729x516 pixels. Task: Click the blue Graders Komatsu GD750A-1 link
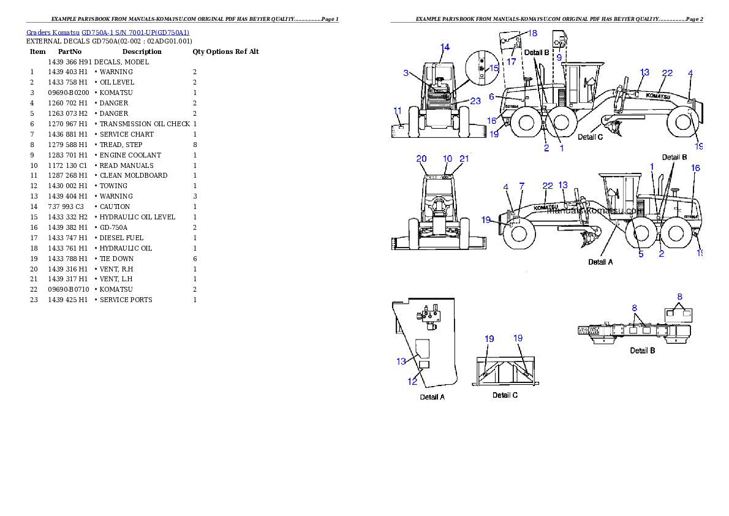coord(108,32)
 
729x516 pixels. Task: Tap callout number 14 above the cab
coord(445,47)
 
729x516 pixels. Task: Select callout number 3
coord(406,73)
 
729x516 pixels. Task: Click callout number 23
coord(475,101)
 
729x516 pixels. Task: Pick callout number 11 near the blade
coord(398,111)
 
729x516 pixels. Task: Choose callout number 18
coord(532,32)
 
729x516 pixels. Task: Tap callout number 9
coord(559,56)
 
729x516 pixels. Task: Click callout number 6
coord(492,97)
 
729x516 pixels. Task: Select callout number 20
coord(421,159)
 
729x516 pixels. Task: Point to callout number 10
coord(447,159)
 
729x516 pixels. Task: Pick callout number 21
coord(464,159)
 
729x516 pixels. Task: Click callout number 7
coord(521,186)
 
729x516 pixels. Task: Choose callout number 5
coord(641,254)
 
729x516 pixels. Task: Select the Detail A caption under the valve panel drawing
coord(432,397)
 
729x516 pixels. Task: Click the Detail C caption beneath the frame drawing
coord(505,395)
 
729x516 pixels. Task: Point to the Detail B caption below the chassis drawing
coord(643,351)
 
